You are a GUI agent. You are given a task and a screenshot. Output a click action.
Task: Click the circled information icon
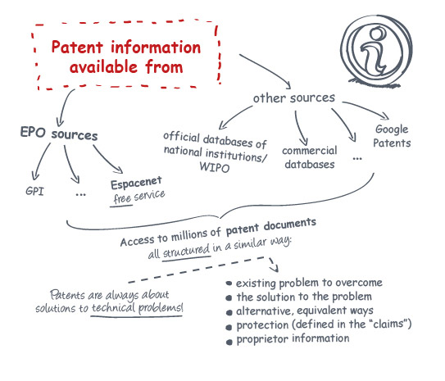tap(376, 51)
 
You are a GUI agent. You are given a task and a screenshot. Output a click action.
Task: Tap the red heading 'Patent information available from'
tap(126, 57)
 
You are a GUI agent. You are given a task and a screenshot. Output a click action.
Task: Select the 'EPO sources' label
tap(59, 134)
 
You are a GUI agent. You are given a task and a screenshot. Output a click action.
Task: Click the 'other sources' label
tap(294, 98)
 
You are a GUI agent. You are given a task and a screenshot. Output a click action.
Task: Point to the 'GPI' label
tap(35, 191)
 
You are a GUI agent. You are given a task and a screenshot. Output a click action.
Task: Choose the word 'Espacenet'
tap(136, 183)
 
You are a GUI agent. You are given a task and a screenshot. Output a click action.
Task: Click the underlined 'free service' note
tap(138, 197)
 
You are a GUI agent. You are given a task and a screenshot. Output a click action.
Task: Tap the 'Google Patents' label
tap(392, 136)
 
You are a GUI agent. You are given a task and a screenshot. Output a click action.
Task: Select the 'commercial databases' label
tap(310, 157)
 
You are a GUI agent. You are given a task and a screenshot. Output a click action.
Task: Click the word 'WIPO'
tap(215, 167)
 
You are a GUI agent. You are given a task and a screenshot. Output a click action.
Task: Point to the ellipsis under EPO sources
tap(81, 195)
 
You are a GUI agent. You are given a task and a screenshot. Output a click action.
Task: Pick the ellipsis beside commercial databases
tap(357, 159)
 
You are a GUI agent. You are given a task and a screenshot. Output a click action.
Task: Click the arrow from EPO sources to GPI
tap(41, 161)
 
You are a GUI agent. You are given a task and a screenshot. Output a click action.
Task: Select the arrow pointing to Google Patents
tap(366, 108)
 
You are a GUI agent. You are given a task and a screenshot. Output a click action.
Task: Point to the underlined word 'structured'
tap(187, 251)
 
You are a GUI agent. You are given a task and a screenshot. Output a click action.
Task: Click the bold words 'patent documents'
tap(271, 227)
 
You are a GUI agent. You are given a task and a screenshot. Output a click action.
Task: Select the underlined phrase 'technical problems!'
tap(138, 308)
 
